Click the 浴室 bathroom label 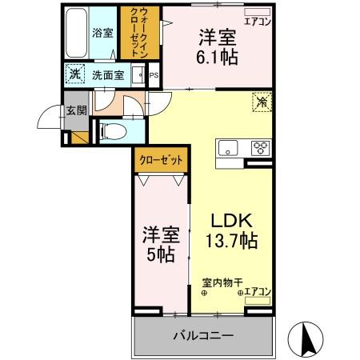pos(102,34)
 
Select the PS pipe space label pos(154,76)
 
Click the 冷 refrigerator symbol pos(261,102)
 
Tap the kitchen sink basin pos(228,147)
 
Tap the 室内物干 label pos(218,282)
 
